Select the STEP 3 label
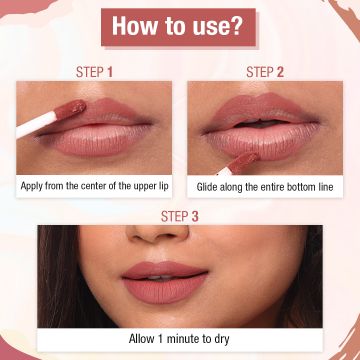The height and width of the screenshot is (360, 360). (180, 214)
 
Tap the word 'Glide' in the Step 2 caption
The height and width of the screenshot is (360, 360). (210, 186)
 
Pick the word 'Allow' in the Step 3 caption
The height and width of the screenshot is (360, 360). (143, 338)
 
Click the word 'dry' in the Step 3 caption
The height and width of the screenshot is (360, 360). (224, 338)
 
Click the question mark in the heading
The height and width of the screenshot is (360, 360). (246, 27)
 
